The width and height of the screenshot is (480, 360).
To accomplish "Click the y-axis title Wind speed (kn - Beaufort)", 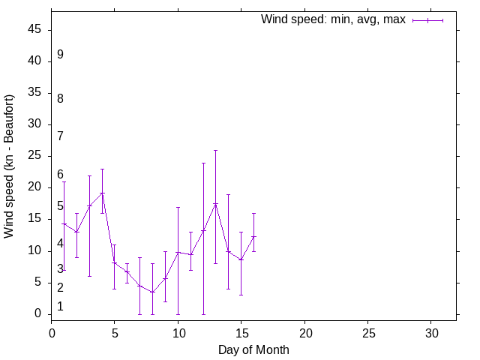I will (x=9, y=166).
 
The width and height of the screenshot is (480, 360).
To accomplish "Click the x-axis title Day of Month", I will (x=253, y=349).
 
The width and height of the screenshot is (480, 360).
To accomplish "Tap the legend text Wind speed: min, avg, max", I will (x=333, y=19).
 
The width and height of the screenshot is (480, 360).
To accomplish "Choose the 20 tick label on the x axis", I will (x=304, y=332).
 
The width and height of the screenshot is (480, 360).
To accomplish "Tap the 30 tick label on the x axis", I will (x=431, y=332).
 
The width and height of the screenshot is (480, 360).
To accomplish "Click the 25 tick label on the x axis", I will (x=367, y=332).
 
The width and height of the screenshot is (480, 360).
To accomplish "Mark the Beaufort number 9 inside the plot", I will (x=60, y=55).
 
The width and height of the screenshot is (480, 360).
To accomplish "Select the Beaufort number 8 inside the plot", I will (x=60, y=98).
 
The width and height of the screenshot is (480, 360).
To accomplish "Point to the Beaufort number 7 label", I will (x=60, y=136).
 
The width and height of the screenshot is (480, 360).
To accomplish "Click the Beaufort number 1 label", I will (x=60, y=306).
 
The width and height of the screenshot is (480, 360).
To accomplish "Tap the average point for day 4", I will (x=102, y=193).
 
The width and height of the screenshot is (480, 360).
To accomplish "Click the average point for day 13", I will (x=216, y=203).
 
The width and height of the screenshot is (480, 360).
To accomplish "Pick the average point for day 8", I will (x=152, y=292).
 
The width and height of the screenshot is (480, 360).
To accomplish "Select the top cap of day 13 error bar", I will (x=216, y=150).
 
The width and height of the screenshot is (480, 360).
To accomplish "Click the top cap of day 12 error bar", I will (x=203, y=163).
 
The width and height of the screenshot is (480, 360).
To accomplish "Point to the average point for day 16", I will (x=253, y=236).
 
